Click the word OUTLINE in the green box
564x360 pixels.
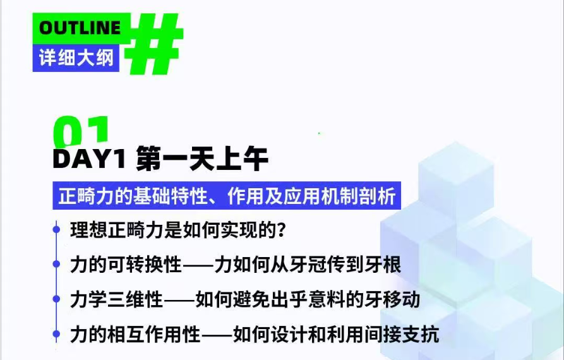point(80,28)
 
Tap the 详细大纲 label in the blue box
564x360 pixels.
point(76,57)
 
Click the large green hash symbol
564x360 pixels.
point(154,43)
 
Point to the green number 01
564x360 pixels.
point(81,131)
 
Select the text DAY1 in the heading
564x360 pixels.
point(89,159)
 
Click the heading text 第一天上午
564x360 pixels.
point(202,159)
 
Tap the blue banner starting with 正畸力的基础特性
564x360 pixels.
point(227,196)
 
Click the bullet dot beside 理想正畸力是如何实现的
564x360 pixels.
point(56,229)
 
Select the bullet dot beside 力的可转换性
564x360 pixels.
point(56,264)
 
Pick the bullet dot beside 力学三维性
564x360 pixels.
point(56,299)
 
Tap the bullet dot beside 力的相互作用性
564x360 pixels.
point(56,333)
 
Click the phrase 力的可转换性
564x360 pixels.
point(126,265)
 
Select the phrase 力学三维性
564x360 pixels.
point(117,299)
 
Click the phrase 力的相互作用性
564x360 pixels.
point(135,334)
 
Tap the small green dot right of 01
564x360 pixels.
point(319,133)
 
